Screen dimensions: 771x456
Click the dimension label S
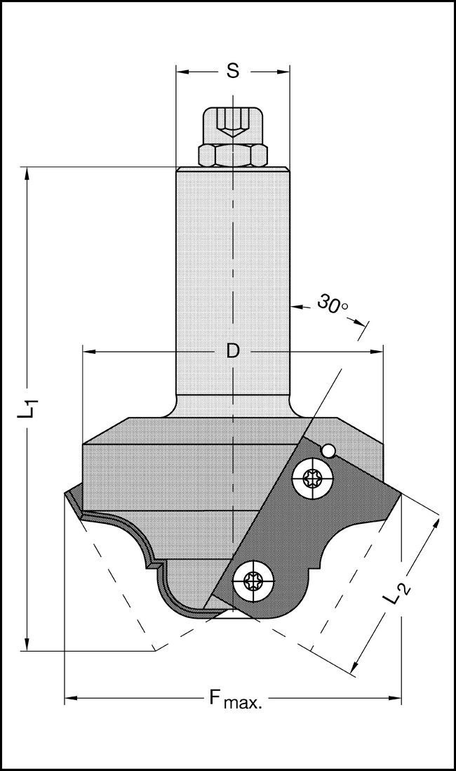[x=233, y=71]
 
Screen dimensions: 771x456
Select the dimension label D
[x=233, y=351]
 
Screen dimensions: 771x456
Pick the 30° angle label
[x=332, y=305]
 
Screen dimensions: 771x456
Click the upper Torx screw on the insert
[x=311, y=480]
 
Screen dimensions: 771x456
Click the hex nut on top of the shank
[x=232, y=155]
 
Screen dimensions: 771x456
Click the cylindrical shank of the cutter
[x=232, y=281]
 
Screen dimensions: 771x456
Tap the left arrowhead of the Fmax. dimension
[x=71, y=698]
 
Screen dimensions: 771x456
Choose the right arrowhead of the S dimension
[x=283, y=71]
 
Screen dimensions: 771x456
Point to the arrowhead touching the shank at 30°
[x=295, y=306]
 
